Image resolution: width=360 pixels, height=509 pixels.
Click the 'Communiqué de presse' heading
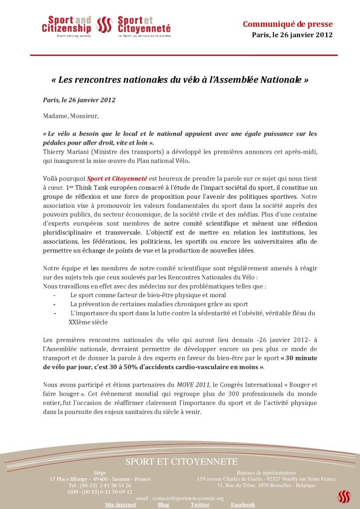pos(287,24)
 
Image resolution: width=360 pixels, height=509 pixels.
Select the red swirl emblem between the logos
pos(104,25)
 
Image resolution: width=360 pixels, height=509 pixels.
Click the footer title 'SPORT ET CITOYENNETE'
pos(181,462)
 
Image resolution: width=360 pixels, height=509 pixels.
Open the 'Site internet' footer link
pos(120,505)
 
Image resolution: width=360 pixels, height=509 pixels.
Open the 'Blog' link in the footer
pos(163,505)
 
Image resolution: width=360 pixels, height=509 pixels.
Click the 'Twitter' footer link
pos(200,505)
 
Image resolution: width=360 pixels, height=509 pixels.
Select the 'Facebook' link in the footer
pos(243,505)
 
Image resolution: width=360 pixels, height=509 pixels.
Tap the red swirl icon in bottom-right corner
pos(344,497)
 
